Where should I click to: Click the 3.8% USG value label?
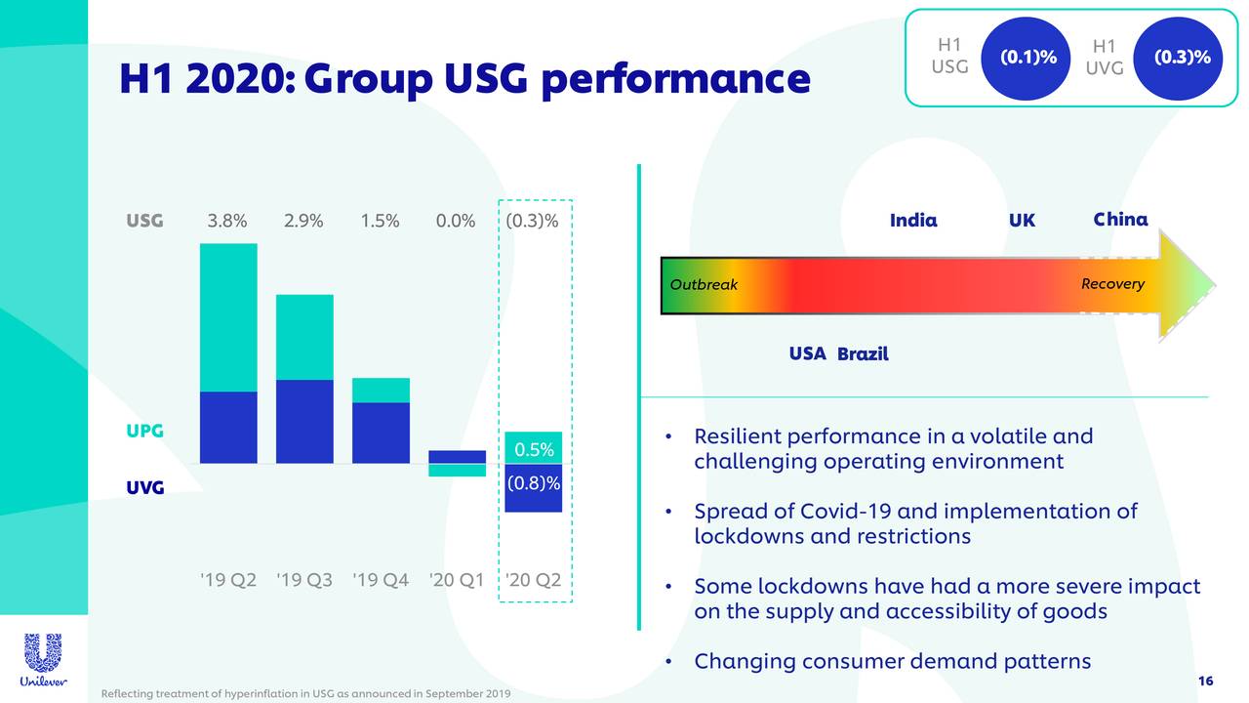click(227, 221)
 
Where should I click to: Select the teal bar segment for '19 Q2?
click(228, 317)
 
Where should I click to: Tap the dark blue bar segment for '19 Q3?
click(304, 421)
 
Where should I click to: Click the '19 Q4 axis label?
click(381, 580)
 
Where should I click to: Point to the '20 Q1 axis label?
click(457, 580)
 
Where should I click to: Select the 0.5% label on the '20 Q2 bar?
click(534, 450)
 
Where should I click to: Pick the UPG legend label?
click(144, 431)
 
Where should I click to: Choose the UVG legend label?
click(144, 486)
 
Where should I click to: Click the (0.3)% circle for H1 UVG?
click(1182, 57)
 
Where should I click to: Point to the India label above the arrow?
click(913, 221)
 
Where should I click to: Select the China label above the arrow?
click(1120, 220)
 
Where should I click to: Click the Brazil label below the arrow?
click(863, 353)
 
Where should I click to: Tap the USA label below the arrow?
click(807, 352)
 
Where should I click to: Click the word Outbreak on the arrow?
click(704, 285)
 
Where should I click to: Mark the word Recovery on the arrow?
click(1112, 284)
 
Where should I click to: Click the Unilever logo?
click(42, 660)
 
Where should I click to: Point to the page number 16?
click(1204, 681)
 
